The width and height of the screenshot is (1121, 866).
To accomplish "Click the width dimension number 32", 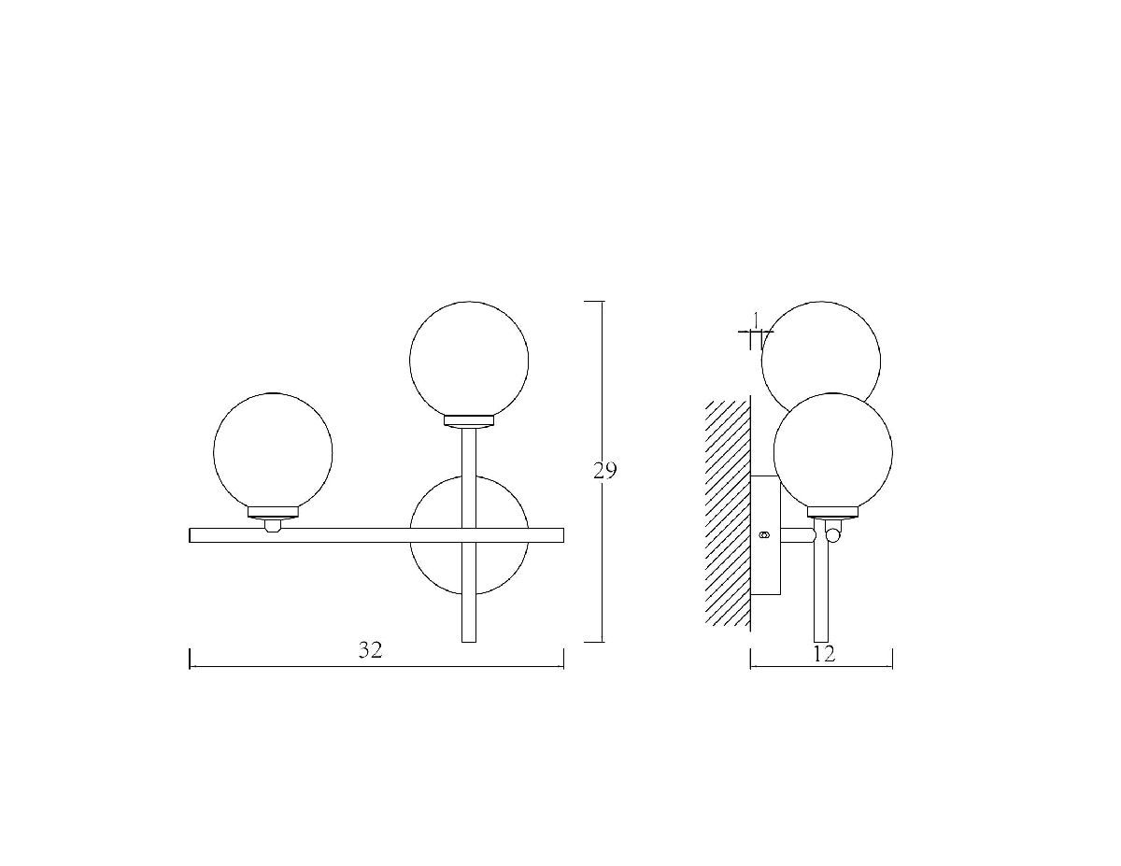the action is pyautogui.click(x=370, y=650).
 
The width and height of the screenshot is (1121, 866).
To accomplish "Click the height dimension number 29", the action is pyautogui.click(x=604, y=471).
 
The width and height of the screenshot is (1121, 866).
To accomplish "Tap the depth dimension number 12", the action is pyautogui.click(x=823, y=654).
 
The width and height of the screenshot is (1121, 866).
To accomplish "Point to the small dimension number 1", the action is pyautogui.click(x=756, y=319).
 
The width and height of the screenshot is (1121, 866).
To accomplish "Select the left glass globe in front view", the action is pyautogui.click(x=273, y=452).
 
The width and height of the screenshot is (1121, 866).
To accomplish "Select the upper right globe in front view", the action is pyautogui.click(x=468, y=361).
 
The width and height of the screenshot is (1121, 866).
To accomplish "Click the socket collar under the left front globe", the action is pyautogui.click(x=273, y=513).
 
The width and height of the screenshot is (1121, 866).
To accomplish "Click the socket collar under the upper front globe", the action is pyautogui.click(x=468, y=421).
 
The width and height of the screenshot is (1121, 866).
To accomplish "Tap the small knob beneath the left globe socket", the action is pyautogui.click(x=273, y=526).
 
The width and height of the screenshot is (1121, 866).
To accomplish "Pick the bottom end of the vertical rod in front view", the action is pyautogui.click(x=468, y=642).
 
